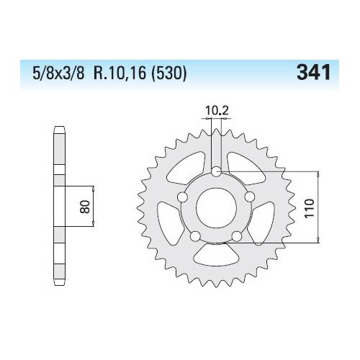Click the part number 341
coord(313,73)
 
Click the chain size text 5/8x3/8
coord(58,73)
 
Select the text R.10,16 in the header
coord(120,73)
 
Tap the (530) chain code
coord(168,73)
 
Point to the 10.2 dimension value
coord(217,111)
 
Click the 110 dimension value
coord(310,208)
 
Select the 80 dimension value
coord(85,207)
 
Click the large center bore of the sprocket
coord(216,208)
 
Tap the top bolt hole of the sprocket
coord(216,171)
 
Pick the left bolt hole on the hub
coord(182,197)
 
